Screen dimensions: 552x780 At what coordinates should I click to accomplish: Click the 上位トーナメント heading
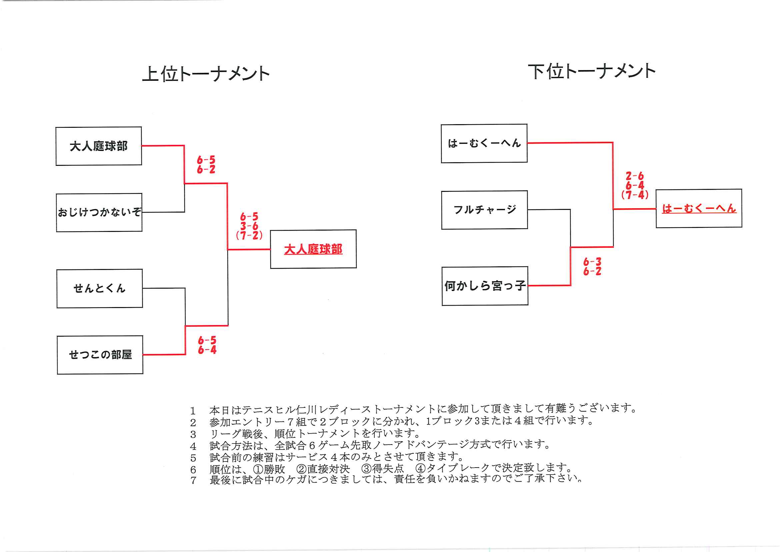[206, 74]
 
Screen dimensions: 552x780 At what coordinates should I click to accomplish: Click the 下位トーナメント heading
[591, 71]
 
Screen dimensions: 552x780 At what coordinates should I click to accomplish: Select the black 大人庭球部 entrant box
[99, 146]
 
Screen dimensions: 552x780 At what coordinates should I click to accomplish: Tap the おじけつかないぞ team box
[99, 213]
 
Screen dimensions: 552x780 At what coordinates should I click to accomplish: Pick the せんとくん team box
[100, 288]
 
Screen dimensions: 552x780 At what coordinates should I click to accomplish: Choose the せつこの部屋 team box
[100, 355]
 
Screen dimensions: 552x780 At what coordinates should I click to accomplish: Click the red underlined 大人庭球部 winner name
[313, 249]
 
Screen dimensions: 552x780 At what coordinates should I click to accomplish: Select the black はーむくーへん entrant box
[484, 143]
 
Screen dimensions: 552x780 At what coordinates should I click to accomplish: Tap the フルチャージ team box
[484, 210]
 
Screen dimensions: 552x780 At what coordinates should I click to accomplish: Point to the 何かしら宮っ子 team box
[485, 286]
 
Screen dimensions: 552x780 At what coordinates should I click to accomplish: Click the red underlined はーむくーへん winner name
[699, 209]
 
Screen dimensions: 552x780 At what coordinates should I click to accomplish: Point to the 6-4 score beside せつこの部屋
[207, 350]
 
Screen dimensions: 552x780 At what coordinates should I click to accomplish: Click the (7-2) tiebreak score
[249, 235]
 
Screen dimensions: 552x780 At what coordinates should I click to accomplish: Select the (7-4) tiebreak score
[635, 195]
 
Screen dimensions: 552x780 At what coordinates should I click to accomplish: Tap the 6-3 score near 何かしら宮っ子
[592, 262]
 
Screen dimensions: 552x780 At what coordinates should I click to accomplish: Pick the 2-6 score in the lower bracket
[635, 176]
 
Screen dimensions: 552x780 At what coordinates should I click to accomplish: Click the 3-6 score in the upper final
[249, 226]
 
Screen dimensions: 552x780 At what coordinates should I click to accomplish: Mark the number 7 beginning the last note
[193, 481]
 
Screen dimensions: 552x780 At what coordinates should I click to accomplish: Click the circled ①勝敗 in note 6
[269, 469]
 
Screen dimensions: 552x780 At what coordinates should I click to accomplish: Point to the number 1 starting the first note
[193, 411]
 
